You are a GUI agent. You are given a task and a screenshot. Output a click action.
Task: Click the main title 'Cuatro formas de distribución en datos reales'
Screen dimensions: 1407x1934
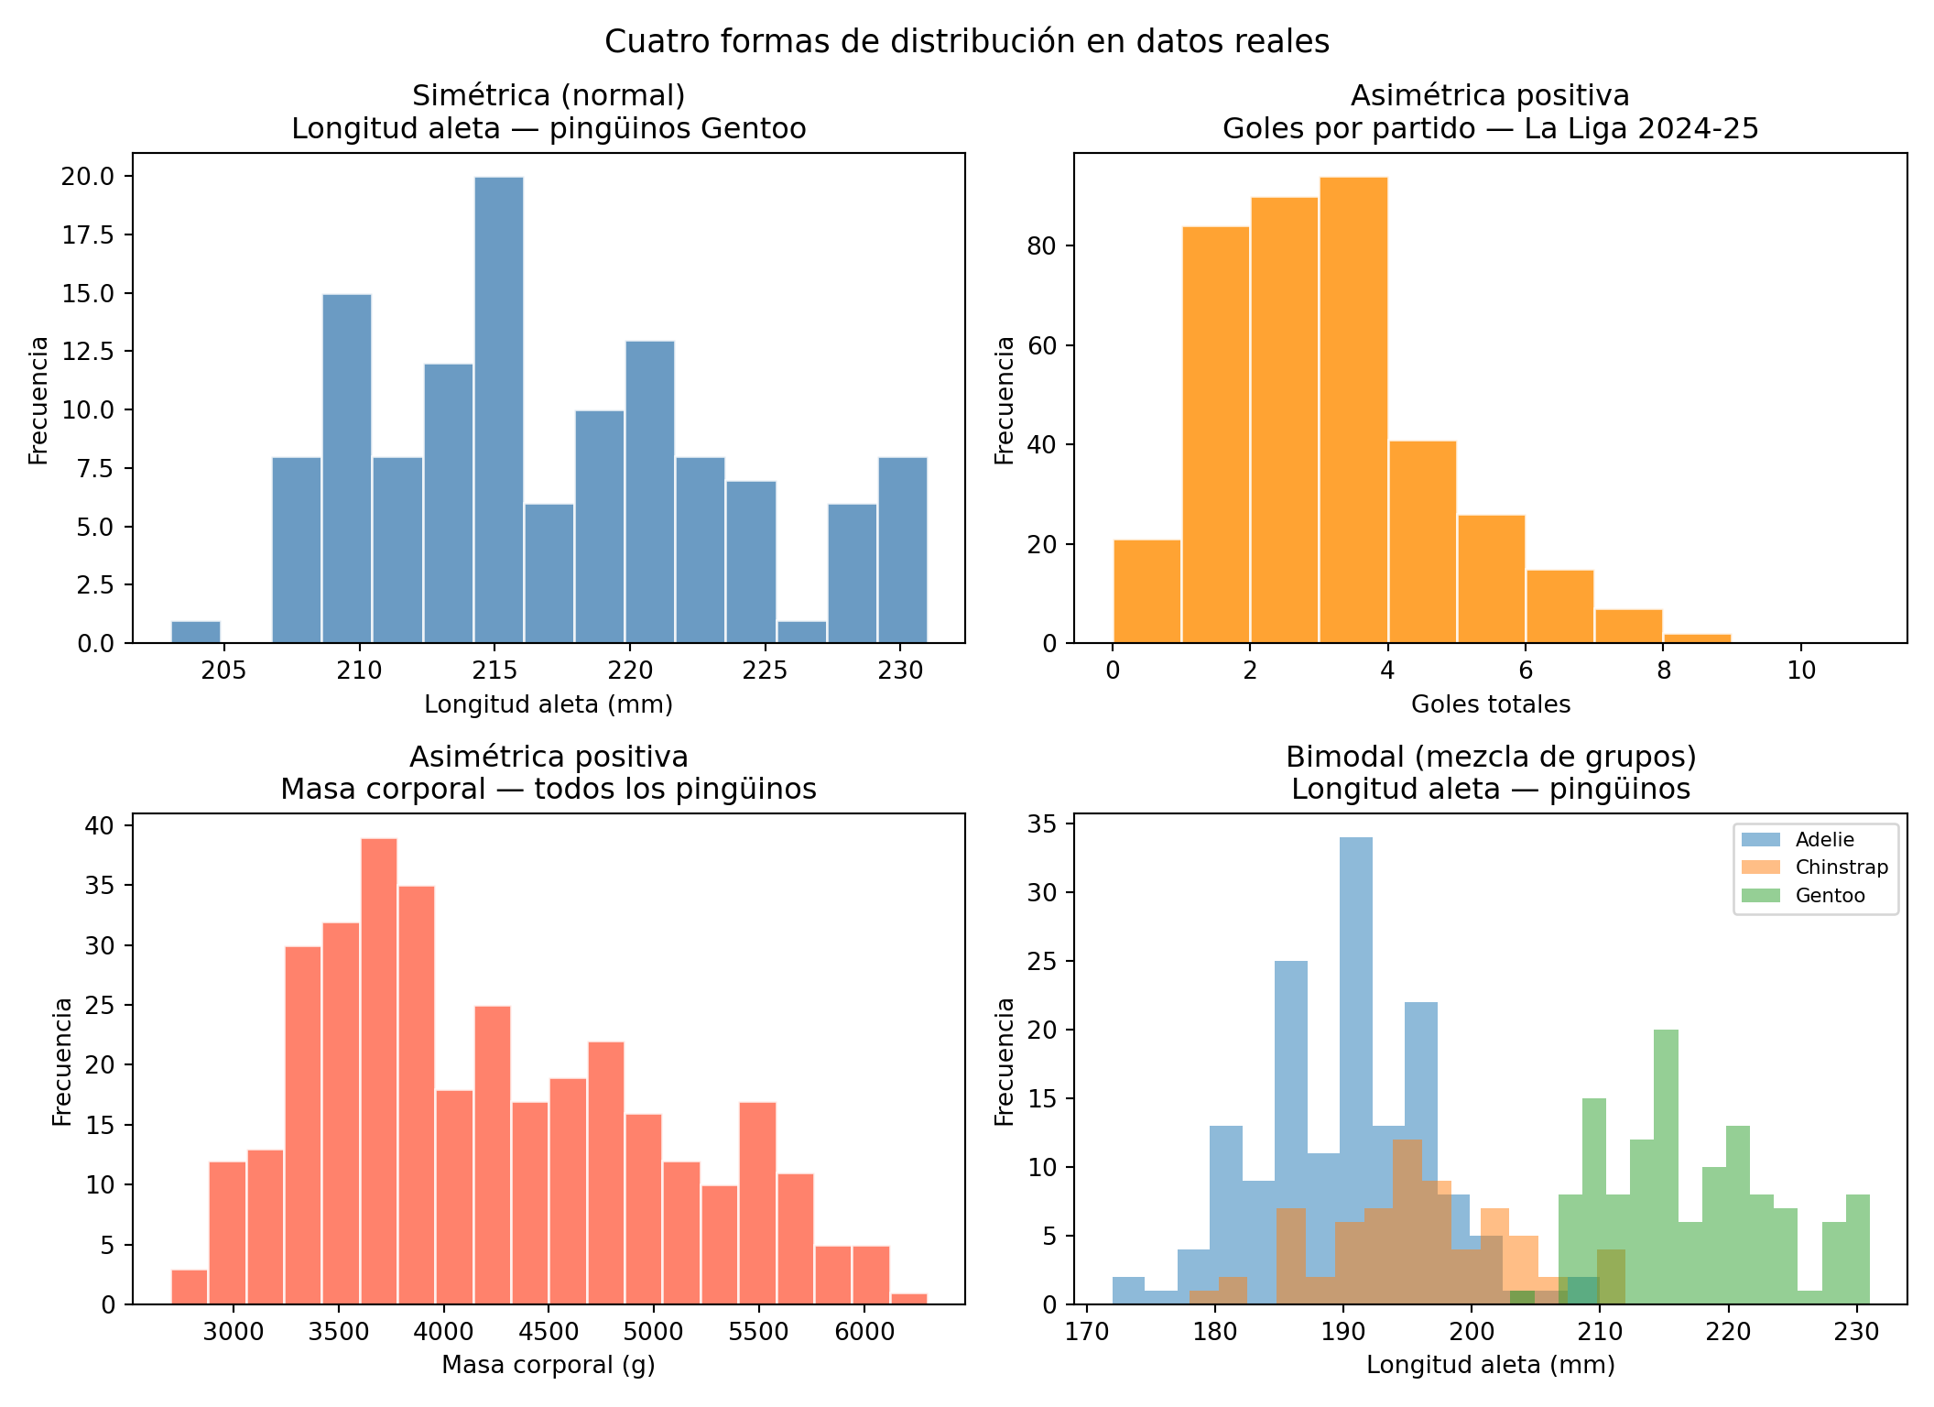coord(966,42)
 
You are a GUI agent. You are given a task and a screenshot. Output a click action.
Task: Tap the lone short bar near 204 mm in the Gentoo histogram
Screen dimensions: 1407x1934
coord(196,632)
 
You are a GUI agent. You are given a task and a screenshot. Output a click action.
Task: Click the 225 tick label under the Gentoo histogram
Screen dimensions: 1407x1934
coord(765,671)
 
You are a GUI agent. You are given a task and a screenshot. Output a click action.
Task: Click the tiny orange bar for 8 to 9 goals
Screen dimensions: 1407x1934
coord(1697,638)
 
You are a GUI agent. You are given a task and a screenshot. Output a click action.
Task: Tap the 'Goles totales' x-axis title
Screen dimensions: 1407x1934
coord(1490,704)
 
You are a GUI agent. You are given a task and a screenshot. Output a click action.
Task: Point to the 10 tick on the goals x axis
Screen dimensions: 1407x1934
coord(1801,671)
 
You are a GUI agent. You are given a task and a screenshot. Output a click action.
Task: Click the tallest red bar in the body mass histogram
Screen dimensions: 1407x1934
coord(379,1071)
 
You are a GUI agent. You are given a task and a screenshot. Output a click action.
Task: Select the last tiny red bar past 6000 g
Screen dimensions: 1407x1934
coord(908,1298)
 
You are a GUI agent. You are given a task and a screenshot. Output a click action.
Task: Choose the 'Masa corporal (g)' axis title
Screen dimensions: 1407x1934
coord(549,1365)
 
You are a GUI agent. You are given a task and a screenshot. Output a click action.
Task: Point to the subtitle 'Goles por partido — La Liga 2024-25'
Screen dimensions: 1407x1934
coord(1490,129)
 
